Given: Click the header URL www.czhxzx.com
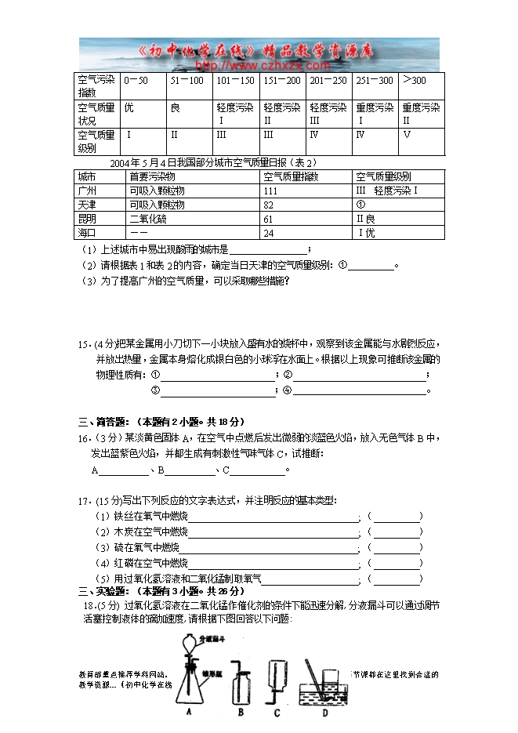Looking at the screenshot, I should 259,66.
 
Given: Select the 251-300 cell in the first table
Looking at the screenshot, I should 374,80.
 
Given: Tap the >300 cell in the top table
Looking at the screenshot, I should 414,80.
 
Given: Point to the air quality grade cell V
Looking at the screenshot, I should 407,134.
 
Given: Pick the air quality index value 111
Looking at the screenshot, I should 271,191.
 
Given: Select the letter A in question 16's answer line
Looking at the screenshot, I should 95,470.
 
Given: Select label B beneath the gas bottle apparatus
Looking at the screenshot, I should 241,713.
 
